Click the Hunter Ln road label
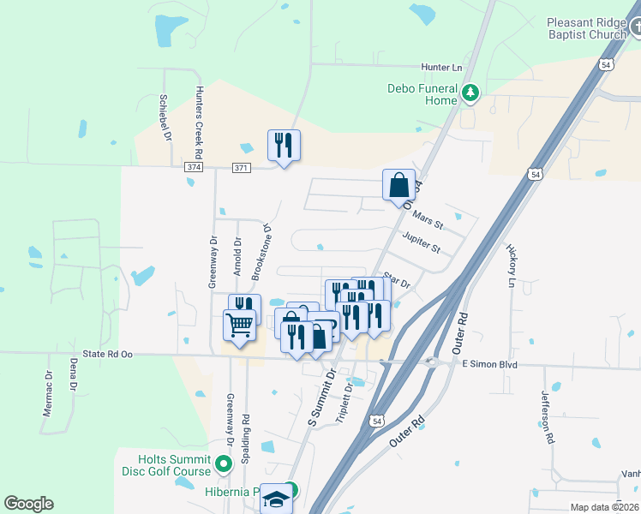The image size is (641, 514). (x=441, y=67)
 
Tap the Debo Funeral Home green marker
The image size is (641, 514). (x=470, y=92)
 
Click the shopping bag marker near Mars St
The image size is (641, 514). (x=399, y=186)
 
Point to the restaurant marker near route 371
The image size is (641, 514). (x=284, y=146)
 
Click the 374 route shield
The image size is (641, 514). (x=194, y=167)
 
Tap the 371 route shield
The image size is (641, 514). (x=242, y=167)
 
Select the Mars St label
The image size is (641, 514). (x=428, y=220)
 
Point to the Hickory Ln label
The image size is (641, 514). (x=512, y=266)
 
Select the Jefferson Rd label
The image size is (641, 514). (x=546, y=417)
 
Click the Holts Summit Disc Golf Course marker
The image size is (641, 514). (x=225, y=464)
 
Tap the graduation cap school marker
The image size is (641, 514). (x=277, y=499)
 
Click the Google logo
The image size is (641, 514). (x=28, y=504)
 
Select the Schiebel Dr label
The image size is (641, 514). (x=164, y=117)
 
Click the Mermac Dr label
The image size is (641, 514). (x=47, y=393)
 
